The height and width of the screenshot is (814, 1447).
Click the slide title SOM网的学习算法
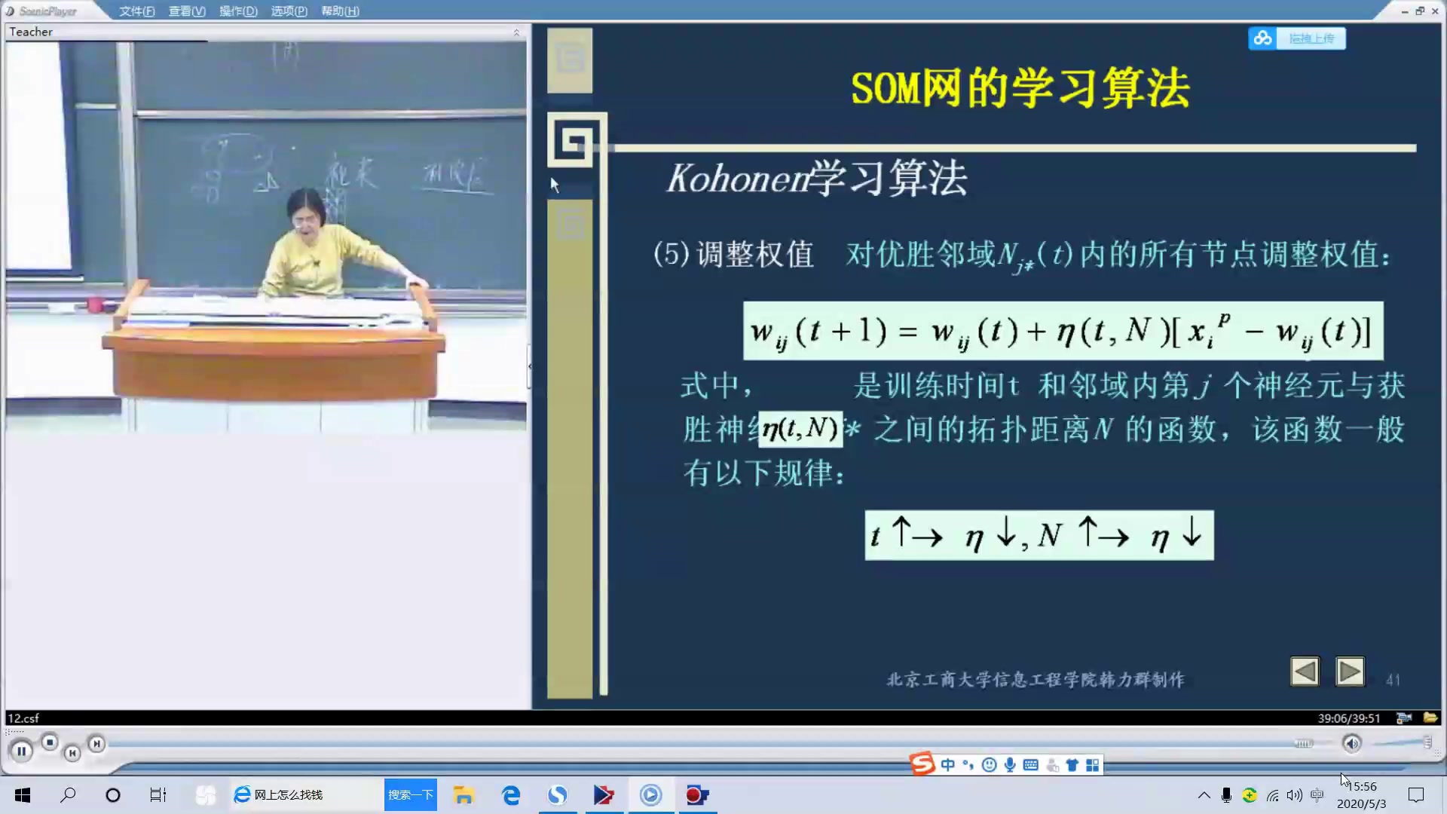(1020, 88)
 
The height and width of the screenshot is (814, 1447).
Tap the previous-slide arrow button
(1305, 671)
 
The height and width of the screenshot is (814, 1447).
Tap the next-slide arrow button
(1349, 671)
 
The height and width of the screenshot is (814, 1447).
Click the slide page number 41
(1393, 680)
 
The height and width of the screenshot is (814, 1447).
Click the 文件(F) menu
(136, 11)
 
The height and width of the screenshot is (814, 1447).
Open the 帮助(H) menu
(340, 11)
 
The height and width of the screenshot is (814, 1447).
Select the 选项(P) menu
(289, 11)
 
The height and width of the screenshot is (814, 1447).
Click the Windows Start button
(23, 795)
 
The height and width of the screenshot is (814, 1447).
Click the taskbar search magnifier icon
(68, 795)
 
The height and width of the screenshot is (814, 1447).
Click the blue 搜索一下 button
(411, 795)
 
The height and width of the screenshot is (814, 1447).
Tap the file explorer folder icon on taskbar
(463, 795)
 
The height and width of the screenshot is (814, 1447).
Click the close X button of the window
(1435, 11)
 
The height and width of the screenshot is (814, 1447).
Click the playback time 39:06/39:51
(1348, 718)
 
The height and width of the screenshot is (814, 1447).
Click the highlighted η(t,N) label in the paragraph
(800, 429)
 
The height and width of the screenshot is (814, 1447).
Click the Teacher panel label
(31, 32)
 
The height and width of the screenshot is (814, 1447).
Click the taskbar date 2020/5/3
(1361, 803)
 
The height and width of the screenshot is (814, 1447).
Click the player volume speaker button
(1352, 744)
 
